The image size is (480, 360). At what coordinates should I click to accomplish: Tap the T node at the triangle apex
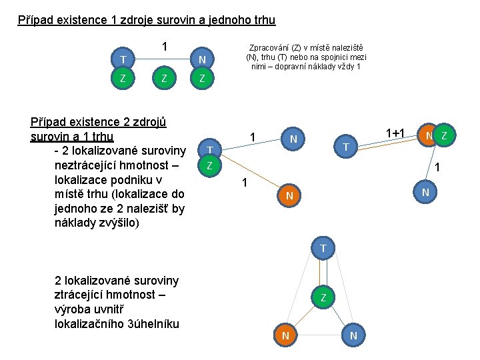(323, 249)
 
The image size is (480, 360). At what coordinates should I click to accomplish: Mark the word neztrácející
(88, 166)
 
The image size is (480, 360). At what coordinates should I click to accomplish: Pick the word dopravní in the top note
(294, 67)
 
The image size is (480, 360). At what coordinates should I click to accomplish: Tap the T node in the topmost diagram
(123, 61)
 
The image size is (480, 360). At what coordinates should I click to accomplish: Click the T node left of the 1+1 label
(345, 146)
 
